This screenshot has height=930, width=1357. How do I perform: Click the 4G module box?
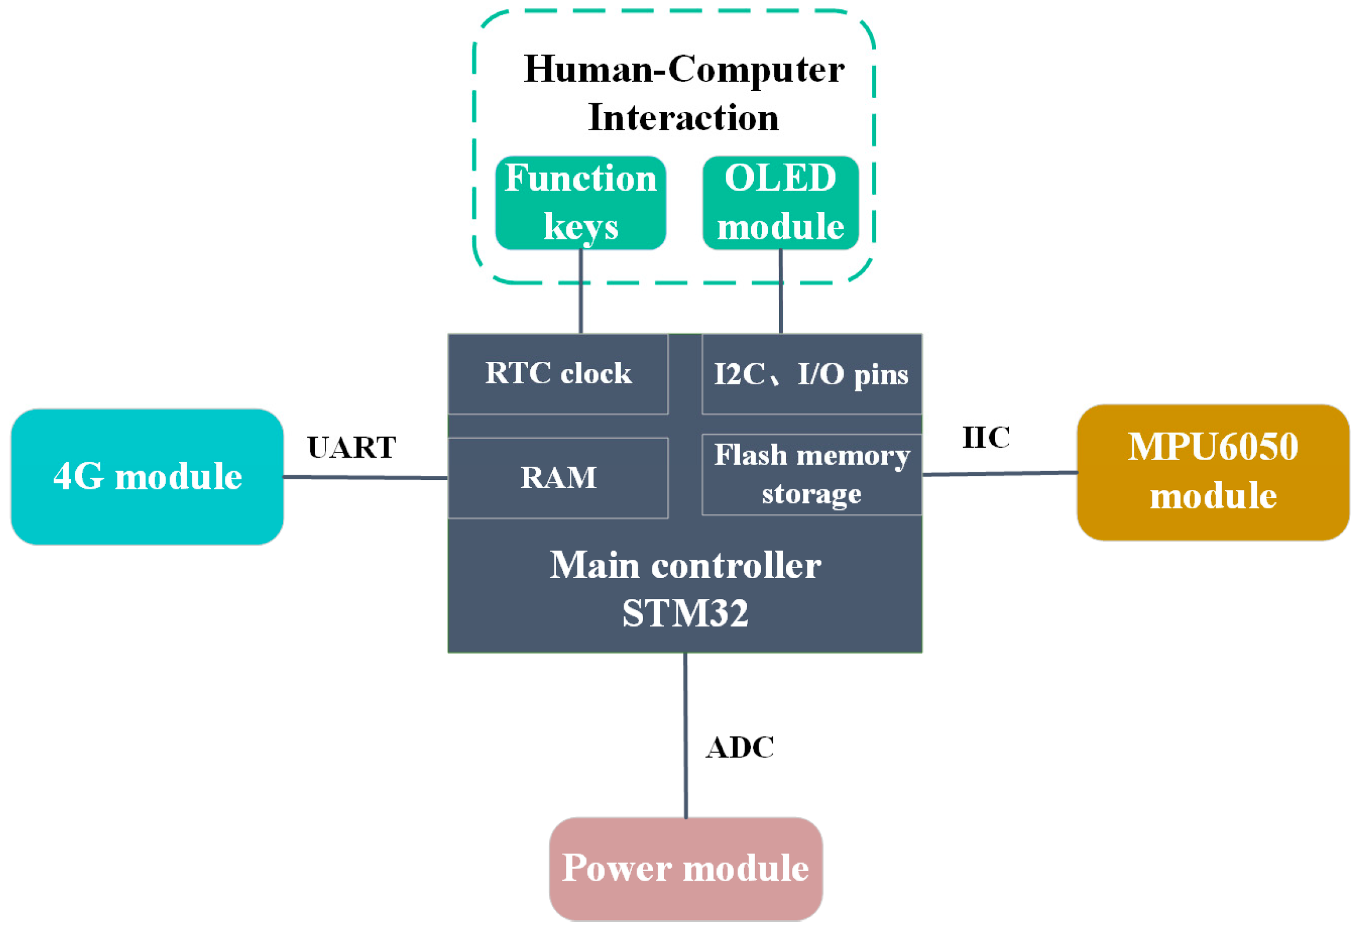pos(147,476)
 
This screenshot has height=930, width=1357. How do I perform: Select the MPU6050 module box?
pos(1212,472)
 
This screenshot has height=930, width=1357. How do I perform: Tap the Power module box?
pos(685,868)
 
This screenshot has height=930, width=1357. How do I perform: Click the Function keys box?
pos(580,202)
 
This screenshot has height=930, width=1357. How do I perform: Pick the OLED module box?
pos(780,202)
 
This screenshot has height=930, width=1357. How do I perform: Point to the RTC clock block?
pos(558,374)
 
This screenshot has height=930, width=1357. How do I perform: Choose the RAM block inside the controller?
pos(558,478)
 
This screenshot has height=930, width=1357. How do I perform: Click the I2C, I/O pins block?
pos(811,374)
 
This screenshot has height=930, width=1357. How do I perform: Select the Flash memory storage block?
pos(811,474)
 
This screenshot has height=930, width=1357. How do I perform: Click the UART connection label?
pos(351,448)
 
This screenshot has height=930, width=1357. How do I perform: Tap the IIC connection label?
pos(986,437)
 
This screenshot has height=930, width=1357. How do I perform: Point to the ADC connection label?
pos(740,748)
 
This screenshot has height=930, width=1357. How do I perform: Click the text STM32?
pos(685,614)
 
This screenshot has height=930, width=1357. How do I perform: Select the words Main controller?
pos(685,566)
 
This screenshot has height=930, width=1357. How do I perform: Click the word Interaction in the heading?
pos(683,117)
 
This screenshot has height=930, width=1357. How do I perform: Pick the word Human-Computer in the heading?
pos(683,69)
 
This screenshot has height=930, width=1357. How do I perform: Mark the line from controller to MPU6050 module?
pos(1000,473)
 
